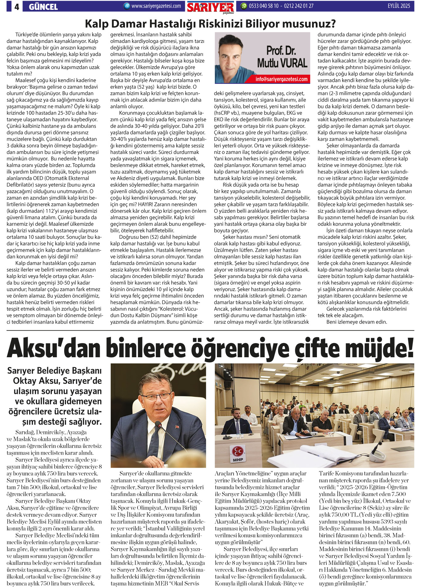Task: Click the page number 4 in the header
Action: (x=17, y=6)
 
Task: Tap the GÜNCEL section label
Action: (x=43, y=6)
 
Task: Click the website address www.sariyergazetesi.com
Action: (x=156, y=6)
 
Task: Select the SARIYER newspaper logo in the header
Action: (x=210, y=7)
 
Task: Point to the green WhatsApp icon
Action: (x=244, y=6)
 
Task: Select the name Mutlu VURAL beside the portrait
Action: (x=282, y=63)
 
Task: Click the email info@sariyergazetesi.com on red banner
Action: (x=281, y=79)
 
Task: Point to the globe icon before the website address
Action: (x=127, y=6)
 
